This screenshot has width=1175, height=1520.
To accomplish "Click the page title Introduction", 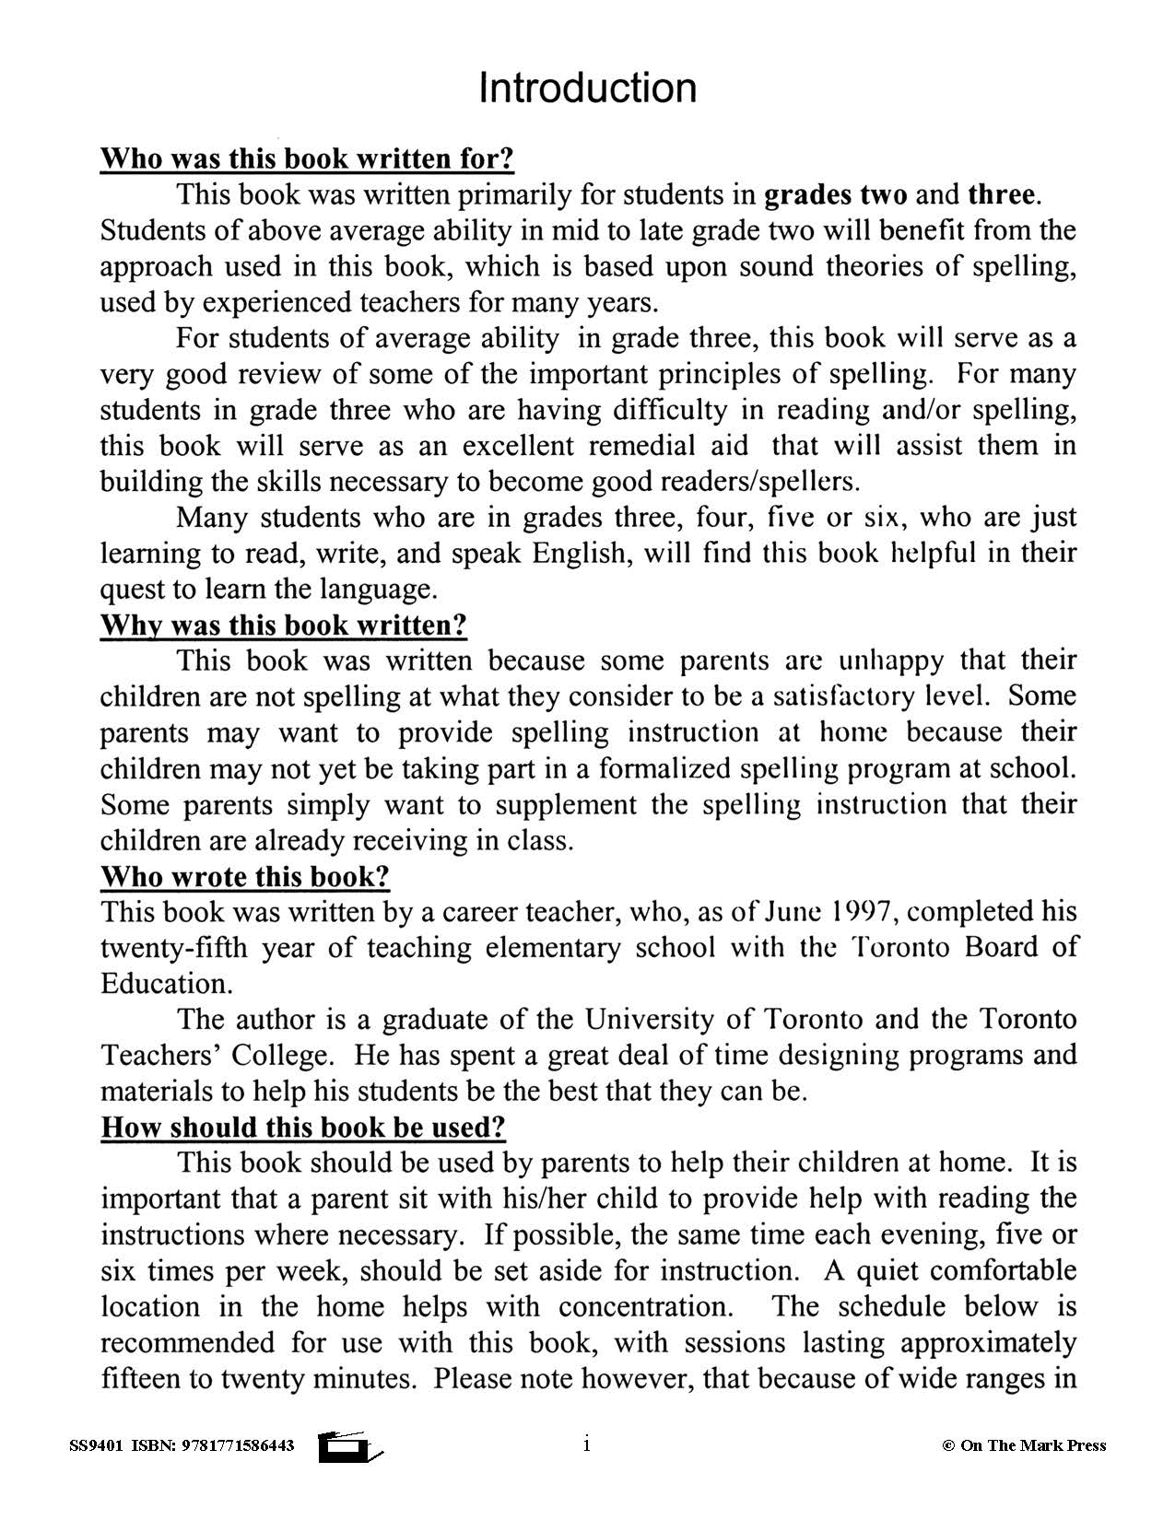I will (x=587, y=88).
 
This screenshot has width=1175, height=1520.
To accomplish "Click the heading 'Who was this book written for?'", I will (x=306, y=158).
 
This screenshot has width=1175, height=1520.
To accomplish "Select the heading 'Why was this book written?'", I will (x=283, y=625).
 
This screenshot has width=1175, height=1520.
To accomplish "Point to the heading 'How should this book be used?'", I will (x=302, y=1127).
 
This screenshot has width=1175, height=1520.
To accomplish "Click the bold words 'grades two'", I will (x=836, y=194).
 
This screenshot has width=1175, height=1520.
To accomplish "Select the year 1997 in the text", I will (x=859, y=911).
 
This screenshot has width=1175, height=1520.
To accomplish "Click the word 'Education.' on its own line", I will (x=166, y=983).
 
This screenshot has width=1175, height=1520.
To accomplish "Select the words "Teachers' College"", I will (x=214, y=1055).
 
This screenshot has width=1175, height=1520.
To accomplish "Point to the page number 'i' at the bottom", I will (x=586, y=1444).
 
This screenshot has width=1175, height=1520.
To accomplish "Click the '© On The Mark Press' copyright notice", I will (x=1023, y=1445).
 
